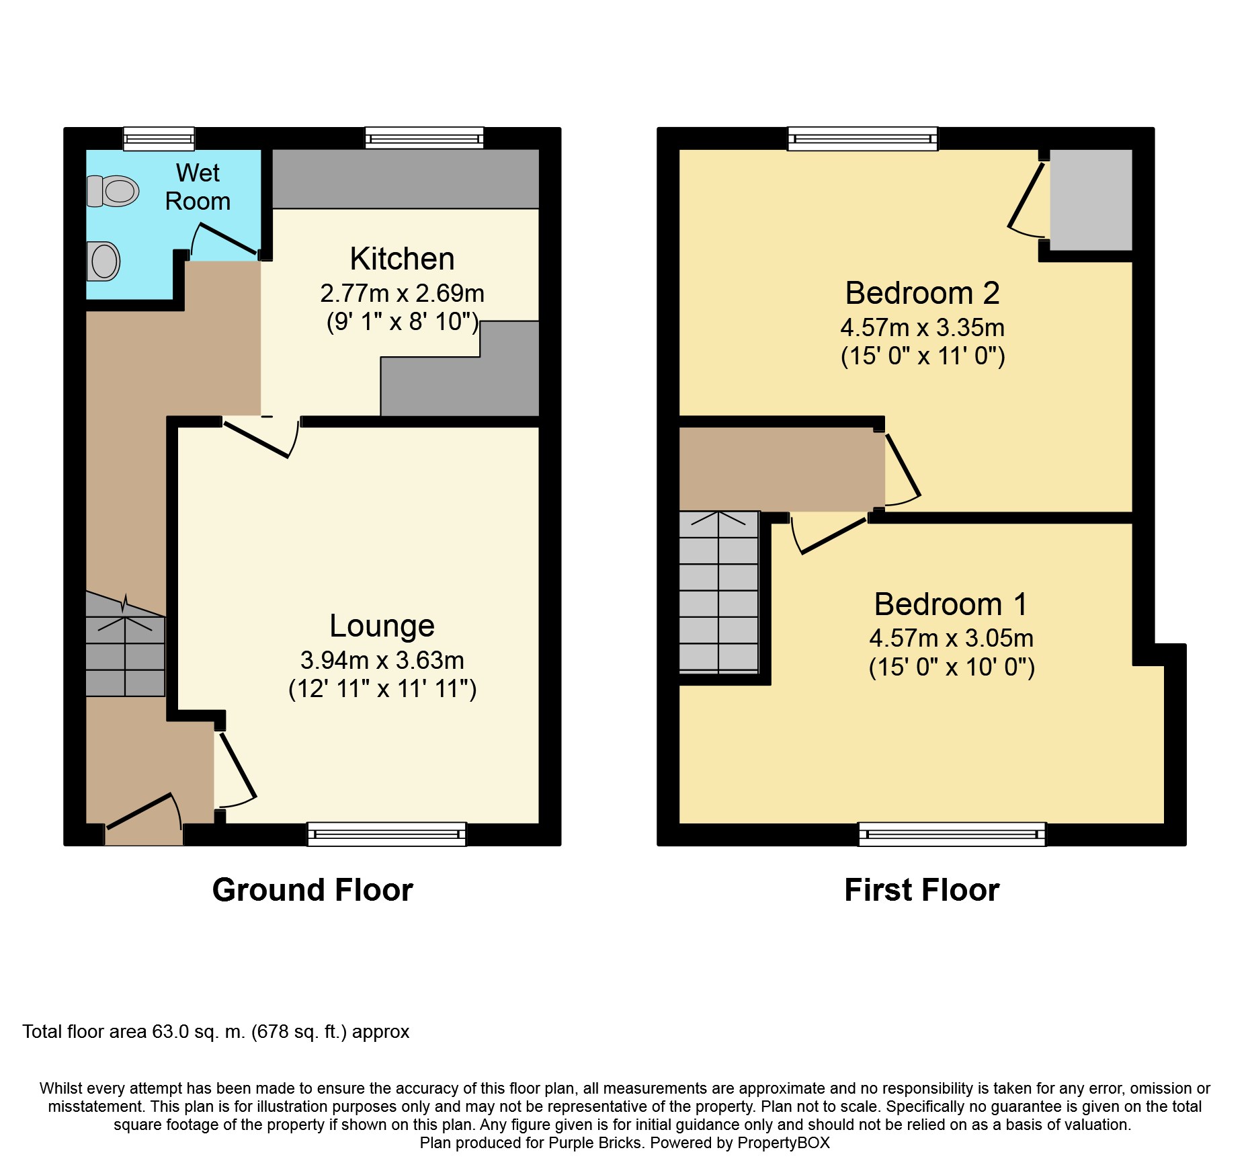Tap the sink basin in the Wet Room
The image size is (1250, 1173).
click(103, 261)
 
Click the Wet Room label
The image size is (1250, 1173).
click(198, 187)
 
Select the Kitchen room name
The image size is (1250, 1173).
click(402, 259)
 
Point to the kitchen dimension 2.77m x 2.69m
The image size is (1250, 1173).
click(402, 293)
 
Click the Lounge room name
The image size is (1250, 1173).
click(382, 626)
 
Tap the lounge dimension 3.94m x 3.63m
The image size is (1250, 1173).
click(382, 660)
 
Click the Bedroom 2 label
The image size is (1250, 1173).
click(922, 293)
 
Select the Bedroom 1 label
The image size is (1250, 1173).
click(951, 604)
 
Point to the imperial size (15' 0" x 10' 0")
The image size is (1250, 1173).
click(951, 667)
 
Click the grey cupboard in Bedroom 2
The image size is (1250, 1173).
click(1090, 200)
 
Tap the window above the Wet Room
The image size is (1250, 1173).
click(159, 139)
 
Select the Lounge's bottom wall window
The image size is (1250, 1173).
click(386, 834)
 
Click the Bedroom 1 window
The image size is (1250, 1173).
click(952, 834)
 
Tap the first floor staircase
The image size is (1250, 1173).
click(718, 592)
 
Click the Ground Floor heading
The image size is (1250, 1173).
click(312, 890)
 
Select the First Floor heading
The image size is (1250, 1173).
click(921, 890)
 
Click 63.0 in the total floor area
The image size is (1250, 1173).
click(171, 1031)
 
